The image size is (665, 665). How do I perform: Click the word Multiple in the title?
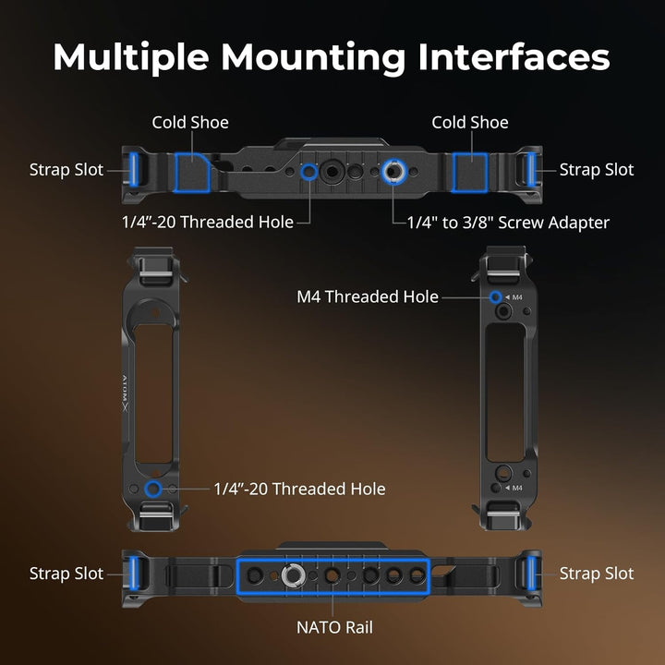click(130, 57)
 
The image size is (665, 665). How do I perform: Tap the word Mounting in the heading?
click(313, 57)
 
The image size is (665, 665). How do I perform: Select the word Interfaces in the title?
click(514, 57)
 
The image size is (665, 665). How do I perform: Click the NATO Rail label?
click(334, 627)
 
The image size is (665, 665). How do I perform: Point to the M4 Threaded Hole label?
click(367, 296)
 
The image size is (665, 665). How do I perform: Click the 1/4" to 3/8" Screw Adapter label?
click(508, 222)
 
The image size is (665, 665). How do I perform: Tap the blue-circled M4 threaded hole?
click(496, 296)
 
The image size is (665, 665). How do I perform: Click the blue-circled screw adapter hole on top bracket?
click(393, 172)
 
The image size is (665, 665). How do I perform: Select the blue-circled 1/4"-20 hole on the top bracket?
click(308, 172)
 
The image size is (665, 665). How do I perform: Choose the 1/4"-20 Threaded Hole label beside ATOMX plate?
click(299, 489)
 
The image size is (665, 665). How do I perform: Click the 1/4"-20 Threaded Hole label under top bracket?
click(207, 222)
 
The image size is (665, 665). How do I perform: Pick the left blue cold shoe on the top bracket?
click(192, 170)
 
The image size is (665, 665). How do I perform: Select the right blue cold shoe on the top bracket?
click(469, 170)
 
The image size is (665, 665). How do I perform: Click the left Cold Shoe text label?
click(190, 122)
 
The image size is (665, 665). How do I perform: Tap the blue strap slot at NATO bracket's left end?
click(135, 574)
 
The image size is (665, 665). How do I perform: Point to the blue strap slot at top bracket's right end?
click(530, 169)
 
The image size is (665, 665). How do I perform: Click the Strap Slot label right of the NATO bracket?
click(597, 574)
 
